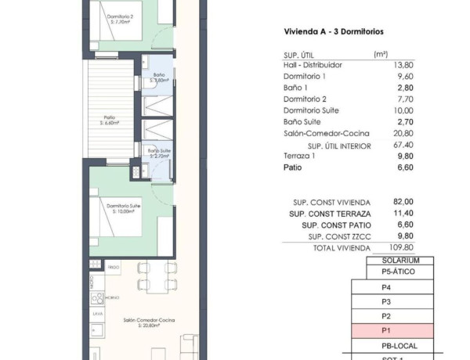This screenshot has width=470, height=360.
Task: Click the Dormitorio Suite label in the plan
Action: pos(125,207)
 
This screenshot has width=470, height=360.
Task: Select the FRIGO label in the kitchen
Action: pos(114,268)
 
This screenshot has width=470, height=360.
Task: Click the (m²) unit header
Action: pos(381,55)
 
